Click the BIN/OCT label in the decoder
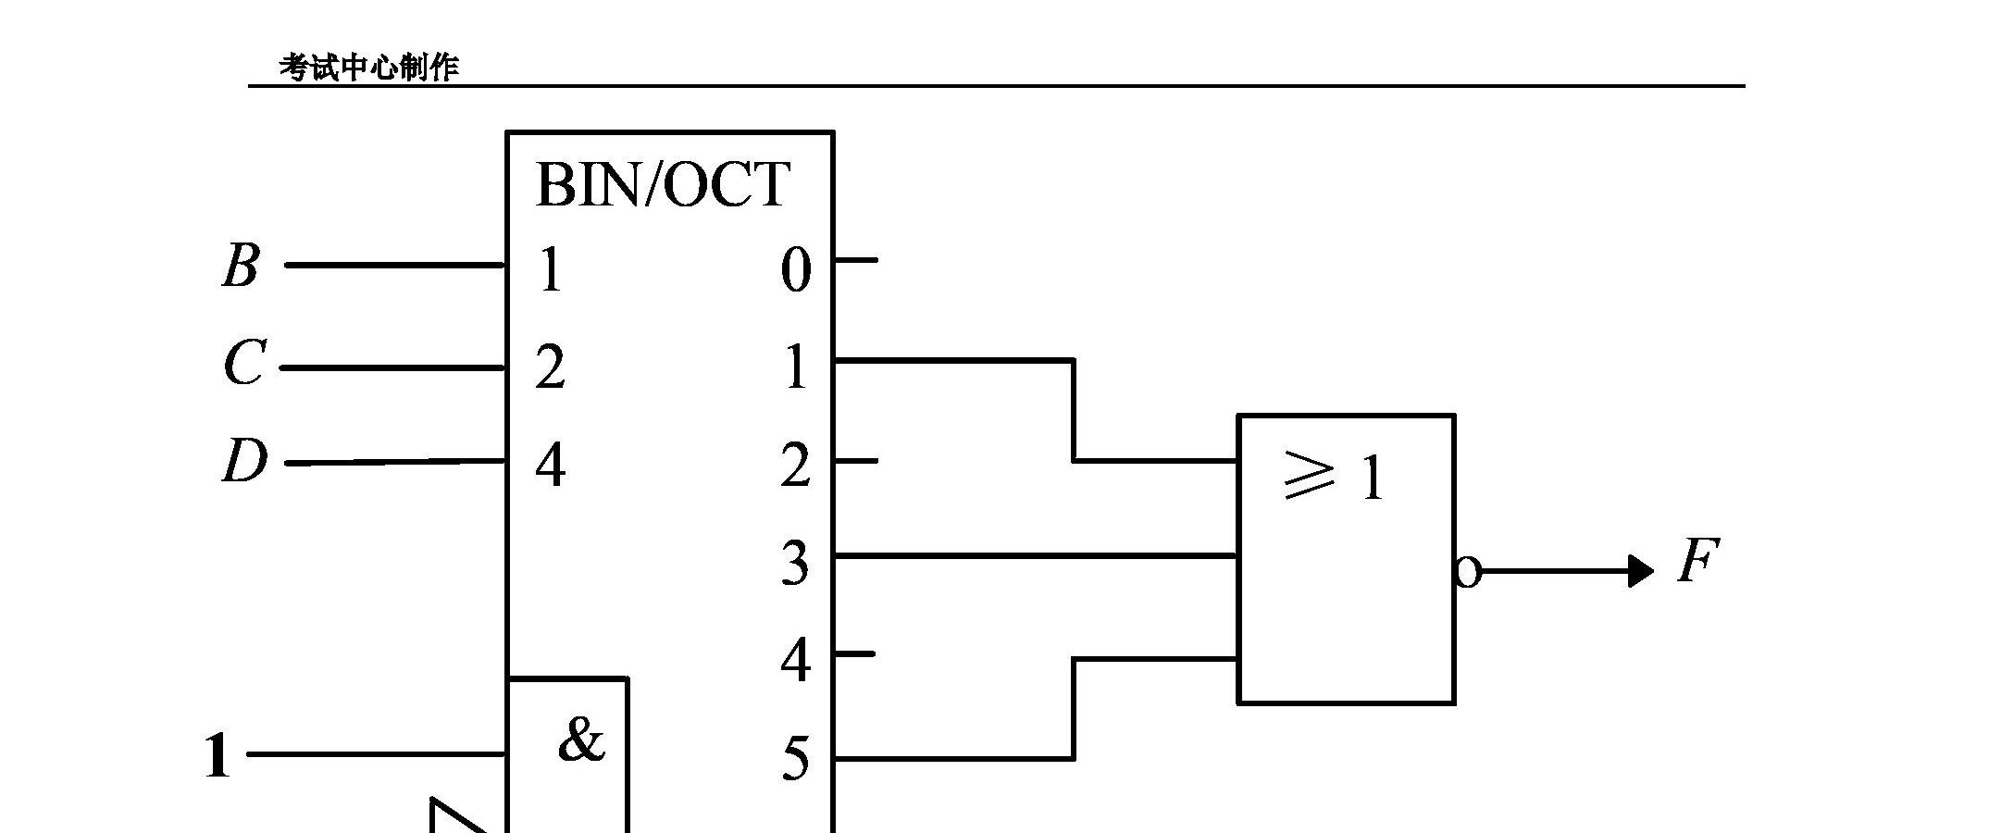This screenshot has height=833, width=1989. click(663, 184)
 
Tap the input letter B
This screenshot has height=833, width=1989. click(241, 266)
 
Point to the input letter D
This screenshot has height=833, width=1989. click(244, 461)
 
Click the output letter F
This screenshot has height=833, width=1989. click(1697, 561)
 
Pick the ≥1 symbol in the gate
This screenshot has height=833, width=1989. click(1335, 479)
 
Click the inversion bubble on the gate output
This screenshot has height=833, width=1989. click(1467, 572)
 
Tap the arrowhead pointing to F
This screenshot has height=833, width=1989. click(1640, 571)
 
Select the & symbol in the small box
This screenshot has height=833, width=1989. click(581, 740)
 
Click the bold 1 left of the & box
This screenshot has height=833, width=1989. click(217, 756)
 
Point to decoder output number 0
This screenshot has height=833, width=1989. click(796, 270)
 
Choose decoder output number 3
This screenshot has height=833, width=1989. click(795, 563)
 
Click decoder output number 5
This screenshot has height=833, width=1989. click(796, 760)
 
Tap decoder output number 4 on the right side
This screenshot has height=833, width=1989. click(796, 661)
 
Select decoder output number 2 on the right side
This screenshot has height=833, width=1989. click(796, 466)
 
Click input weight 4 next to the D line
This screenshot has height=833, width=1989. click(551, 465)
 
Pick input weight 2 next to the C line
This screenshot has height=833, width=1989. click(550, 367)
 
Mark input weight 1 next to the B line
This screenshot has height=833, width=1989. click(551, 270)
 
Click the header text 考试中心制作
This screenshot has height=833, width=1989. click(369, 68)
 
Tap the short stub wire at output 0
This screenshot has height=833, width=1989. click(855, 260)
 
